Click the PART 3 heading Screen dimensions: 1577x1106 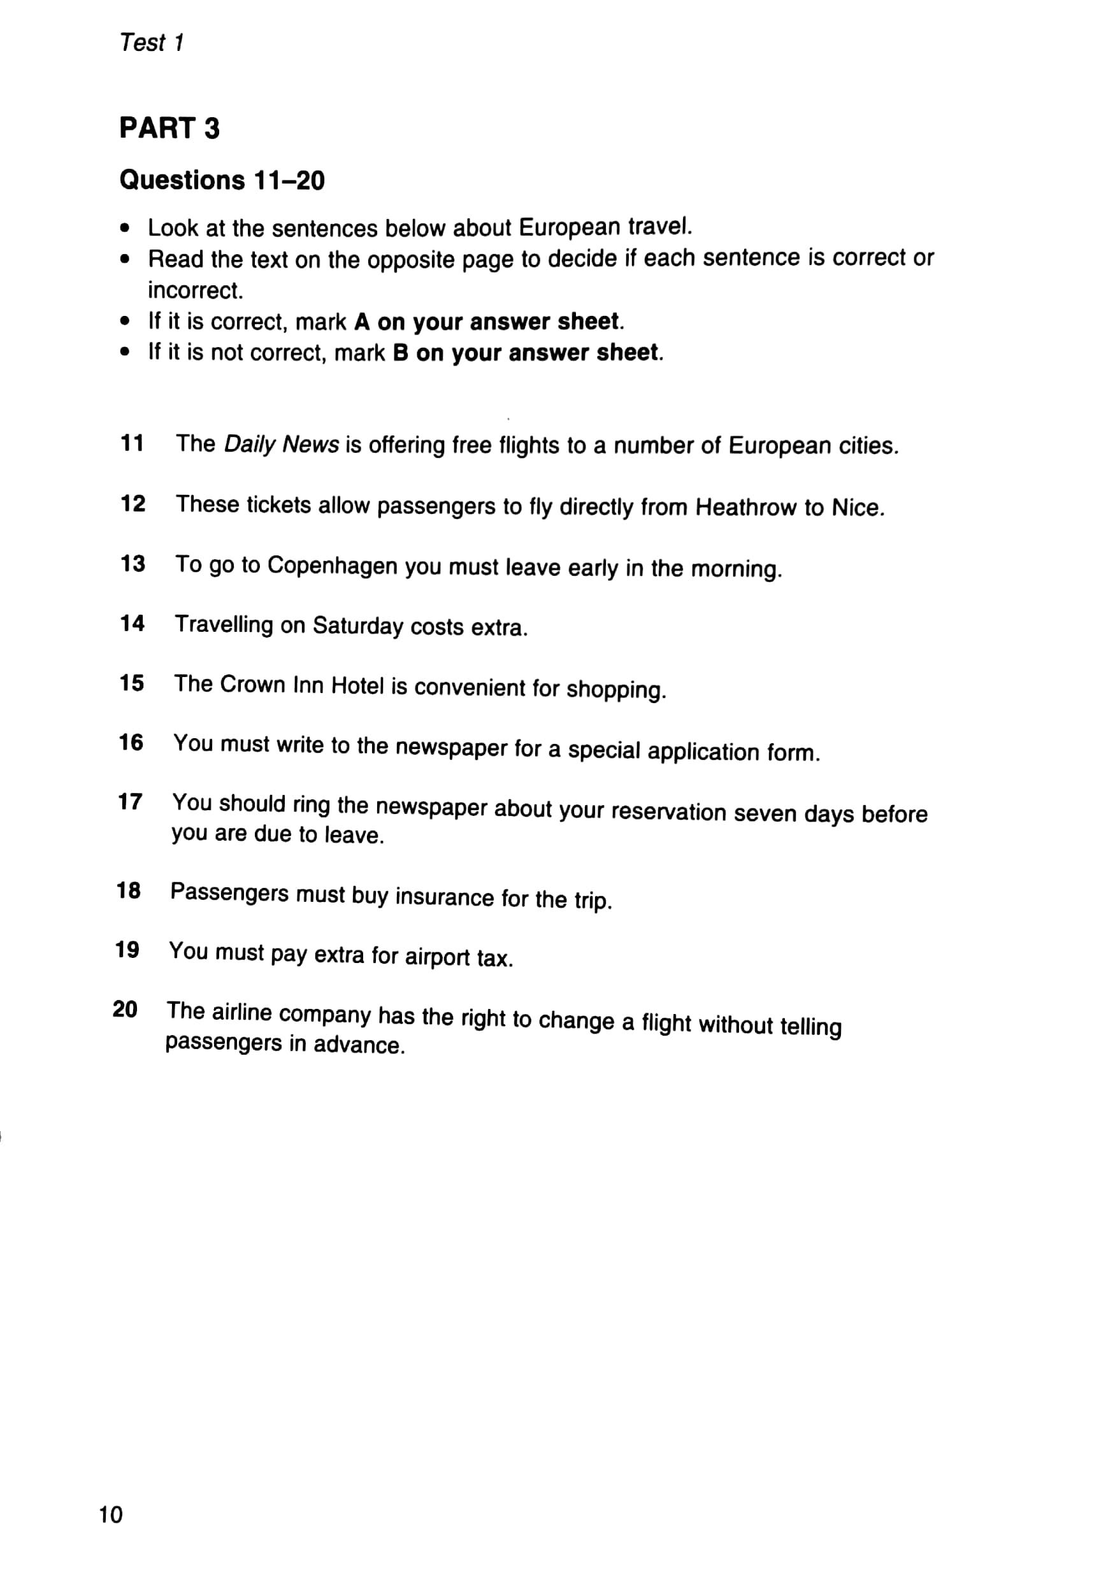coord(169,129)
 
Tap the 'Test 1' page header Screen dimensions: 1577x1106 coord(151,43)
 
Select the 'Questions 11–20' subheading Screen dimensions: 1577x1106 coord(222,180)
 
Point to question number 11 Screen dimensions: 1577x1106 coord(132,444)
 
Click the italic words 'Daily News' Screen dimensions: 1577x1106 coord(281,445)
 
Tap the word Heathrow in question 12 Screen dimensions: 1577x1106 coord(745,508)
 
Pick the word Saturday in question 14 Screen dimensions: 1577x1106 coord(357,625)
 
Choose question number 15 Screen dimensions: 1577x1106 coord(131,683)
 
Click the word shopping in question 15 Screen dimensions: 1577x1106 coord(615,690)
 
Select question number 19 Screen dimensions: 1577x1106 coord(127,950)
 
